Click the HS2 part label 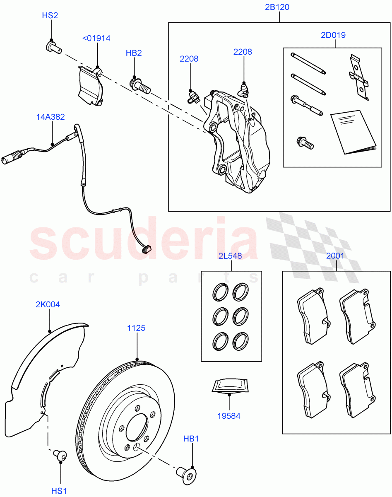(x=50, y=16)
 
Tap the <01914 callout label (x=96, y=39)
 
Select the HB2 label (x=134, y=53)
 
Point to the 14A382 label (x=51, y=117)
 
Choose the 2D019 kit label (x=333, y=35)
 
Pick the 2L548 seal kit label (x=231, y=256)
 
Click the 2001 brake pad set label (x=335, y=256)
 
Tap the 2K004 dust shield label (x=48, y=305)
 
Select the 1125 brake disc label (x=136, y=328)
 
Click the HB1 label (x=191, y=439)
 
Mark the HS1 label (x=59, y=491)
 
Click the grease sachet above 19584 (x=229, y=385)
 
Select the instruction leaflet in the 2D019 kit (x=354, y=132)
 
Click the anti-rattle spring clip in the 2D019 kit (x=358, y=77)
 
